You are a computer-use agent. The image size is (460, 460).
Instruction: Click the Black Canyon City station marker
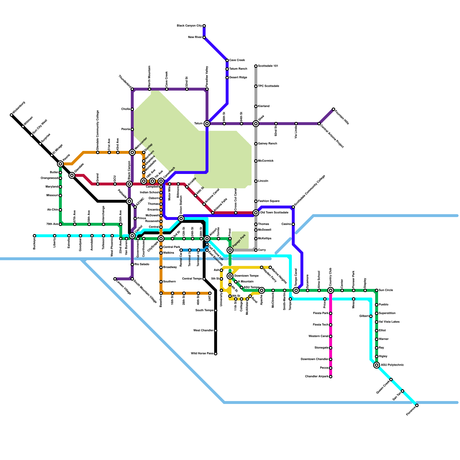tap(204, 26)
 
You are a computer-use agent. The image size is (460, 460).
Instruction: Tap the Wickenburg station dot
tap(11, 115)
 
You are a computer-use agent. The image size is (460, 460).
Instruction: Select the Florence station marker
tap(417, 405)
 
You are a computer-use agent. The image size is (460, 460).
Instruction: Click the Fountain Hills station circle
tap(333, 109)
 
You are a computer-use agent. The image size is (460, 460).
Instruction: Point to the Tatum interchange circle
tap(207, 124)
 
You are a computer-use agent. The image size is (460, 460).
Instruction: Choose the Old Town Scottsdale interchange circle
tap(256, 213)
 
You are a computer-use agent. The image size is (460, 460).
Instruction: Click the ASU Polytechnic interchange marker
tap(377, 365)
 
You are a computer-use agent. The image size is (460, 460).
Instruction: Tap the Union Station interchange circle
tap(181, 218)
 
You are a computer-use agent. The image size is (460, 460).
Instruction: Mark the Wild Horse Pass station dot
tap(216, 354)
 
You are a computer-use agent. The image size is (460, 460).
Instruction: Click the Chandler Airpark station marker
tap(331, 377)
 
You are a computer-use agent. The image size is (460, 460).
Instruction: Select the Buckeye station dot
tap(34, 236)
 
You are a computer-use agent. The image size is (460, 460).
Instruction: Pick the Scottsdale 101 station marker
tap(256, 66)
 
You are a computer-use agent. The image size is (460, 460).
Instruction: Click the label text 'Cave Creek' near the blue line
tap(237, 60)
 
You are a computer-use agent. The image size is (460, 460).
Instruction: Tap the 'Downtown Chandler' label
tap(314, 359)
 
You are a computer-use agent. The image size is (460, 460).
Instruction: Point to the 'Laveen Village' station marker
tap(115, 279)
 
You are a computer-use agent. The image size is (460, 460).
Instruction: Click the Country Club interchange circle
tap(331, 290)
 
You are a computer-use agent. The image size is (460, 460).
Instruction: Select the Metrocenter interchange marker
tap(132, 152)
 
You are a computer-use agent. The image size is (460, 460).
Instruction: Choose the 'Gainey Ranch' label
tap(267, 144)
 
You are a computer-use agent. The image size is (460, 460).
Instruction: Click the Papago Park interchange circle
tap(230, 250)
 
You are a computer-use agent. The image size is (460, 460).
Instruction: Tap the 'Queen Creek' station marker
tap(391, 379)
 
